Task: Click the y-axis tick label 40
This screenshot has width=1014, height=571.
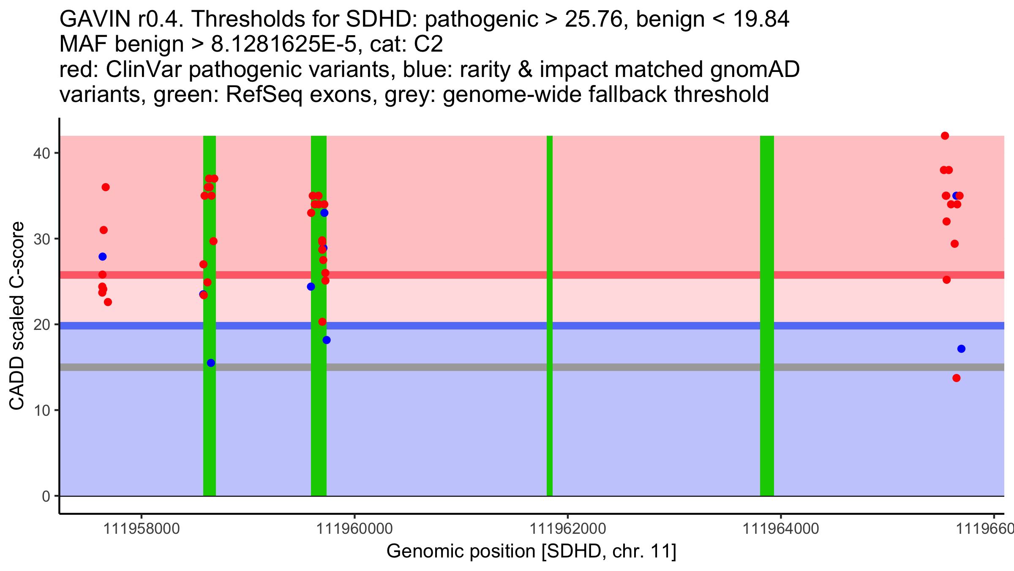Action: [x=41, y=153]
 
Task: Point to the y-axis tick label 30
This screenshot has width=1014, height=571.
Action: [x=41, y=239]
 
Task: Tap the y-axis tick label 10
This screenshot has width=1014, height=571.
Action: [x=41, y=410]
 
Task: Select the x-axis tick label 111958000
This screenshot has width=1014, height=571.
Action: [x=142, y=529]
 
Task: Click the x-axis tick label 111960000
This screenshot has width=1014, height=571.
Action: [x=354, y=529]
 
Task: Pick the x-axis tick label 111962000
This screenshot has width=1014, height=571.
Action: [x=567, y=529]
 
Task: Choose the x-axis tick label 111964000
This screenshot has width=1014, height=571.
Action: [x=780, y=529]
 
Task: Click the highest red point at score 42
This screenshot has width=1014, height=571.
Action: [x=945, y=136]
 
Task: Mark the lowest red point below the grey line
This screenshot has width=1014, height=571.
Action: [x=957, y=378]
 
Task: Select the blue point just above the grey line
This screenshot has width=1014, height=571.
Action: [x=211, y=363]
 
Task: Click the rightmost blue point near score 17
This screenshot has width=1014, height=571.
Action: [x=962, y=349]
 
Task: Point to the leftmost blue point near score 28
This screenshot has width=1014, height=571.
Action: [x=103, y=257]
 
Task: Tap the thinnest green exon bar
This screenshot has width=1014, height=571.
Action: [x=550, y=316]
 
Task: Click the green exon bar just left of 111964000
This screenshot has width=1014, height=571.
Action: [x=767, y=316]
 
